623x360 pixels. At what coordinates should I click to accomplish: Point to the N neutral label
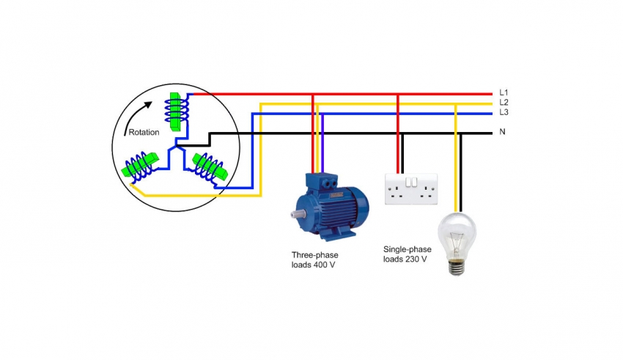[x=502, y=132]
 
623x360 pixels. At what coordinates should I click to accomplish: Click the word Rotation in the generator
[x=144, y=132]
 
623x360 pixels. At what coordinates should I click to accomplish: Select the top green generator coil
[x=177, y=110]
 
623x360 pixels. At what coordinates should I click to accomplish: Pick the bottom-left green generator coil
[x=142, y=166]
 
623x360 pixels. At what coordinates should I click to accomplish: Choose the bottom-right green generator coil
[x=211, y=167]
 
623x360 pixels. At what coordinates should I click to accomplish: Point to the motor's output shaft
[x=295, y=214]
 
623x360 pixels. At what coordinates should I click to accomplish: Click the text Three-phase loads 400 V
[x=314, y=260]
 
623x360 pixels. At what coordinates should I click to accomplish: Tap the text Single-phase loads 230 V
[x=405, y=254]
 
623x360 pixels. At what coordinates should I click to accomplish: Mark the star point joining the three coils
[x=176, y=146]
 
